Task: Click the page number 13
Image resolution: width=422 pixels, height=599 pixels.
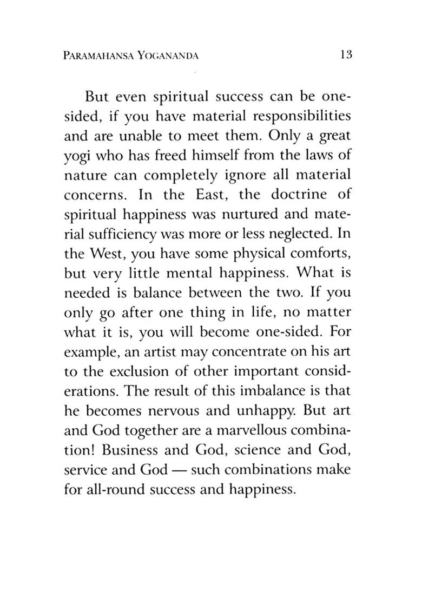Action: (347, 55)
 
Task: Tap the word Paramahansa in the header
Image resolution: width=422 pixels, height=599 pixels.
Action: (102, 55)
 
